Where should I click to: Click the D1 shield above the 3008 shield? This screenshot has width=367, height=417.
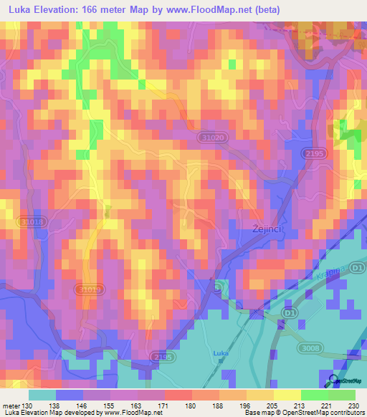289,312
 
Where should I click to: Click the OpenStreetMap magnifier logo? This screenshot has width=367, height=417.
334,381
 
